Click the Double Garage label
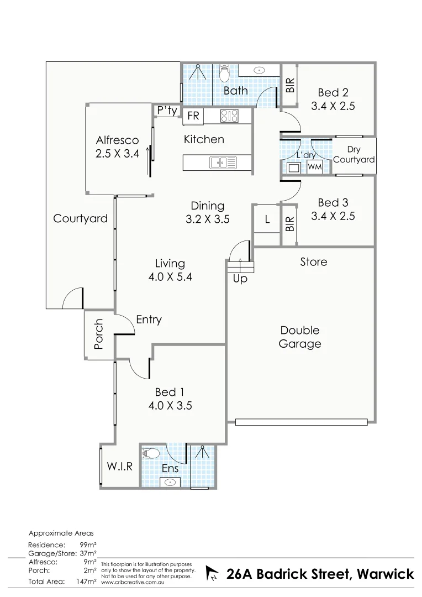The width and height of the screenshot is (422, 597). click(299, 337)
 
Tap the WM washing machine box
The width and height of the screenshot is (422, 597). click(314, 166)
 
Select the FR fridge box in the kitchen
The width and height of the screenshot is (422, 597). click(193, 116)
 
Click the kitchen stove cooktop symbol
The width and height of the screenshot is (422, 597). click(229, 116)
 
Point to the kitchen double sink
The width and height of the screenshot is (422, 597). click(223, 163)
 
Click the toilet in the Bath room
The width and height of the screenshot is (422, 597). click(224, 74)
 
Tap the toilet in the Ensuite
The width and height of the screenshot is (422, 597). click(151, 454)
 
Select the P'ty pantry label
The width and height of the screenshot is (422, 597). click(167, 111)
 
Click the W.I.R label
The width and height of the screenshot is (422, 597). click(120, 466)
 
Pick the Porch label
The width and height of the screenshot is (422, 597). click(99, 334)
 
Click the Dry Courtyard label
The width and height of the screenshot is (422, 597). click(354, 154)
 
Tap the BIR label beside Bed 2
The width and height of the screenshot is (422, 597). click(289, 85)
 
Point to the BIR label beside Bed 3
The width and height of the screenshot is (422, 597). click(289, 224)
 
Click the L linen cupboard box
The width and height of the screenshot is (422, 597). click(267, 219)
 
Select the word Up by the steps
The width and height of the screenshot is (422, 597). click(240, 280)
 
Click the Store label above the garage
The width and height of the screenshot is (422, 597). click(313, 261)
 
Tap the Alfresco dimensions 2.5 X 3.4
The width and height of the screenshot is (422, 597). click(117, 154)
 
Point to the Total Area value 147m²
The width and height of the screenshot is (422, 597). click(86, 582)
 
